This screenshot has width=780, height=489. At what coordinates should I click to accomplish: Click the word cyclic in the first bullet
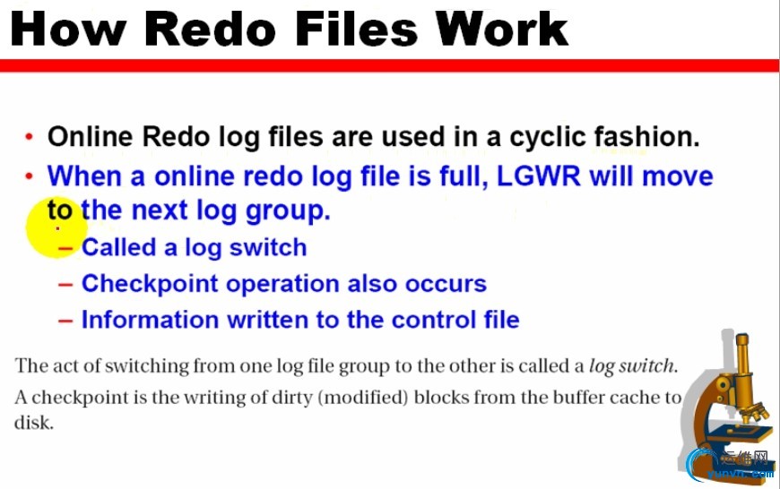click(547, 138)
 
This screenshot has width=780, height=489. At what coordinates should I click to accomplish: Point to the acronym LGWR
click(539, 176)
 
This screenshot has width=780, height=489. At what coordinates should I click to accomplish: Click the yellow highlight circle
click(56, 228)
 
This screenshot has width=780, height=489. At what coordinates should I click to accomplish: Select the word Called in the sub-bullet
click(119, 247)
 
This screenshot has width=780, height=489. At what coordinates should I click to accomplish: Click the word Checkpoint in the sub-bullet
click(150, 284)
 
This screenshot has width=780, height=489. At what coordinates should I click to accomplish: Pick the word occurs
click(446, 284)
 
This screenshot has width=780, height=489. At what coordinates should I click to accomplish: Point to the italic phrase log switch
click(631, 366)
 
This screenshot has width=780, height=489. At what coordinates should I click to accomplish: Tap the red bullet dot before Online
click(30, 136)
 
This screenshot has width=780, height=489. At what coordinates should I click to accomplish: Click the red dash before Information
click(65, 321)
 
